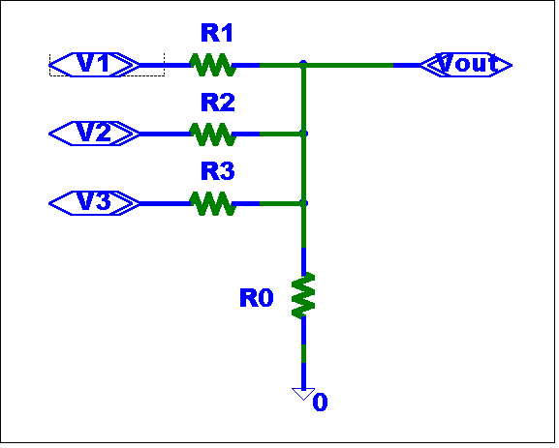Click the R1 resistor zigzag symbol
click(x=213, y=65)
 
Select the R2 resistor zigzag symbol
click(x=213, y=134)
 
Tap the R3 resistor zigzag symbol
click(x=213, y=203)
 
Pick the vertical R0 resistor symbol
click(x=303, y=295)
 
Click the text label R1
click(x=217, y=33)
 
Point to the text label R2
click(x=218, y=103)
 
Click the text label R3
click(x=218, y=171)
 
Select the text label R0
click(x=257, y=298)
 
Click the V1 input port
click(x=95, y=65)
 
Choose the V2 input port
click(x=95, y=134)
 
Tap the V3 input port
click(x=95, y=203)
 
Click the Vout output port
click(x=466, y=65)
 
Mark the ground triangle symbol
click(x=303, y=394)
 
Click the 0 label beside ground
click(x=320, y=403)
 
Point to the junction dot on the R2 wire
click(x=303, y=134)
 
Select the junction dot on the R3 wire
click(x=303, y=203)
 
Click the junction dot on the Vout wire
click(x=303, y=64)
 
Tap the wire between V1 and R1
click(x=165, y=65)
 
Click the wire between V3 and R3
click(x=165, y=203)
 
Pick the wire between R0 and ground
click(x=303, y=352)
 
